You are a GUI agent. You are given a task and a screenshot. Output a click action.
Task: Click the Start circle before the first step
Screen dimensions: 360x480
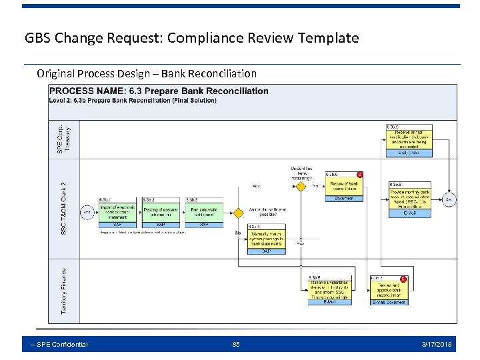click(x=87, y=213)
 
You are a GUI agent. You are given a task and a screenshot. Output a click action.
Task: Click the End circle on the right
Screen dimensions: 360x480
click(x=449, y=199)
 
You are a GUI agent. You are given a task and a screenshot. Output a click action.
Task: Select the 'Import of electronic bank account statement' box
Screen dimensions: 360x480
click(x=117, y=211)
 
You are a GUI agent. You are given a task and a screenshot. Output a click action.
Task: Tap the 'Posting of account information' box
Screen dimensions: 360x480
click(x=161, y=211)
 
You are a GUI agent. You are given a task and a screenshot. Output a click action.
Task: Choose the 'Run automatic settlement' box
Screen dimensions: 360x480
click(x=203, y=211)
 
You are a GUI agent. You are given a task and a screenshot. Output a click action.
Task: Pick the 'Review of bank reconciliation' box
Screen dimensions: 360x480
click(x=344, y=186)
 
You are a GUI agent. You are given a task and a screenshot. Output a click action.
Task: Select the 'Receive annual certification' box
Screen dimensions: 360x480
click(x=409, y=139)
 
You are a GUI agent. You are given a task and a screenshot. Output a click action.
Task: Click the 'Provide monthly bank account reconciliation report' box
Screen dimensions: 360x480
click(x=410, y=199)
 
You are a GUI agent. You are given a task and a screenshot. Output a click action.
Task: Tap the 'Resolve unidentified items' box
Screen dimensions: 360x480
click(x=329, y=289)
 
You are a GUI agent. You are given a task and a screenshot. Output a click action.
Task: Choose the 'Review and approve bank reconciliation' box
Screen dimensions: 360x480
click(x=389, y=289)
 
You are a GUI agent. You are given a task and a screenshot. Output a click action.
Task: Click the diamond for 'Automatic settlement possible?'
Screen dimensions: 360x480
click(x=238, y=213)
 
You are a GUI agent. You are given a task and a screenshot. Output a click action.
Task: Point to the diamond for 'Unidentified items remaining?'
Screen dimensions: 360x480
click(x=301, y=186)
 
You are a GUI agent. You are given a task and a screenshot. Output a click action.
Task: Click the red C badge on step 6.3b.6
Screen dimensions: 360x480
click(x=360, y=175)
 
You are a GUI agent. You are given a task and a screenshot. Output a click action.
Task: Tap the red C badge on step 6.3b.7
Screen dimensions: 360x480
click(x=403, y=279)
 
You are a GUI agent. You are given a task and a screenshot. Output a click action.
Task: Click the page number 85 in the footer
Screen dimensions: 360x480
click(x=236, y=344)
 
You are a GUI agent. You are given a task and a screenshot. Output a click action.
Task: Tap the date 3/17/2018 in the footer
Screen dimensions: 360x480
click(x=437, y=344)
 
